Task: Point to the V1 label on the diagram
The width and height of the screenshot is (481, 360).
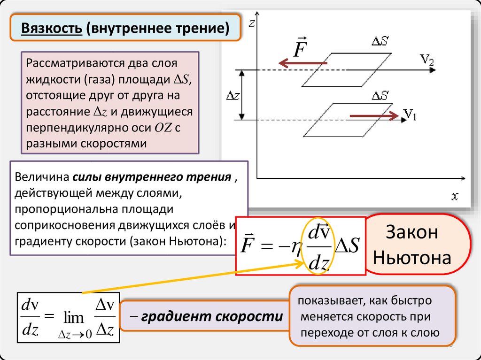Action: tap(410, 114)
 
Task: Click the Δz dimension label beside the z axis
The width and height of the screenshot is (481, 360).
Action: tap(233, 95)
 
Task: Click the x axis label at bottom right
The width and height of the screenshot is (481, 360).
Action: tap(455, 196)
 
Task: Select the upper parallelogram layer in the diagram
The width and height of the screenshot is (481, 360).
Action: tap(346, 70)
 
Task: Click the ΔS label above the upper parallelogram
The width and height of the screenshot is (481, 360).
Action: tap(380, 42)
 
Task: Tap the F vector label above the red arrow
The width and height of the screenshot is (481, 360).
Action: tap(300, 47)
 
